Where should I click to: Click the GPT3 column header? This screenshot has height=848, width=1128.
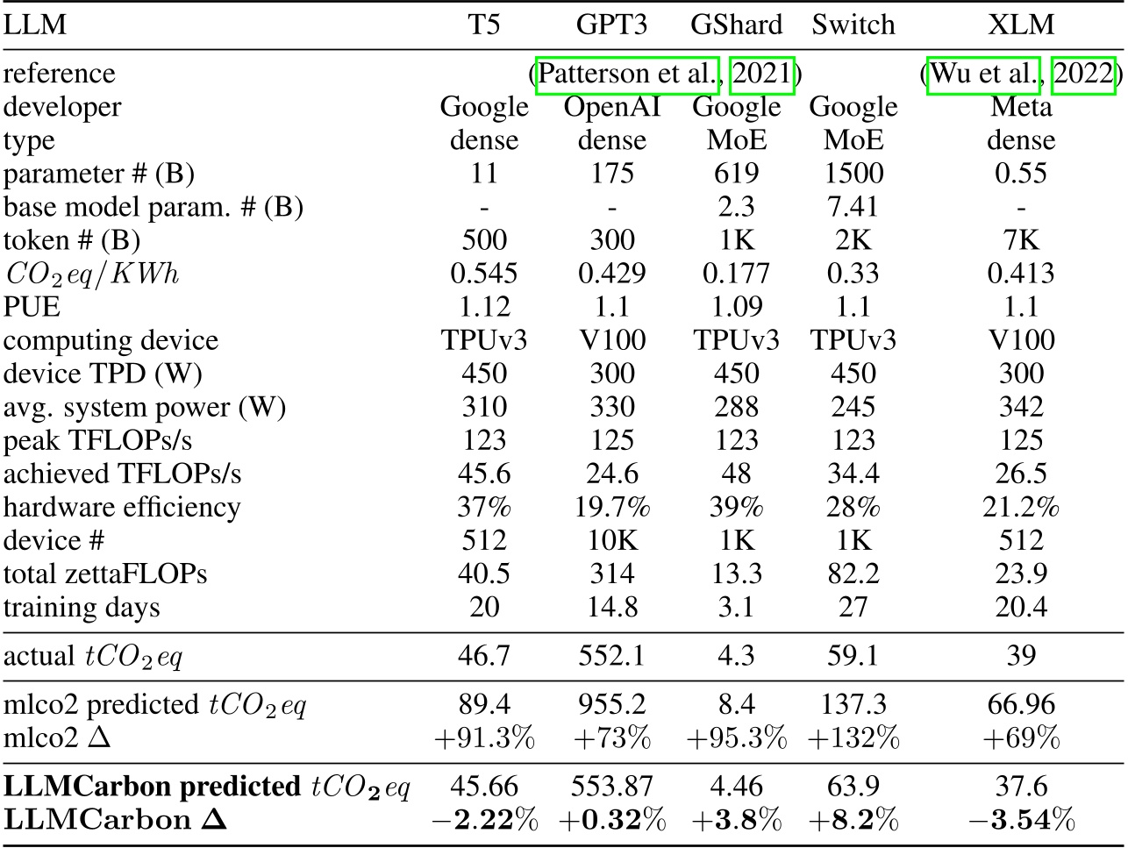point(611,25)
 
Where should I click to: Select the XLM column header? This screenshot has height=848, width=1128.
point(1021,25)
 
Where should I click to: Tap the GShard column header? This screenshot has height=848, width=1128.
point(736,25)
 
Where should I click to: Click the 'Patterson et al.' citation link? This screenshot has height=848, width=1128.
point(627,74)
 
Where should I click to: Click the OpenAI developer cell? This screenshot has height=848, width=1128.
point(611,107)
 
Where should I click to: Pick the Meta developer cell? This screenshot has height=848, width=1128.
point(1021,107)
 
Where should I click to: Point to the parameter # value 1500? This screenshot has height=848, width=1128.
point(853,174)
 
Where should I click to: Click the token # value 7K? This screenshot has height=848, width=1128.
point(1021,240)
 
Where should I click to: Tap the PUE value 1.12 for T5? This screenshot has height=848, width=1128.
point(483,307)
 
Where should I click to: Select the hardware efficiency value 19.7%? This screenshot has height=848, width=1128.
point(611,507)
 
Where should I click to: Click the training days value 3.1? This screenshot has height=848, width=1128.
point(736,607)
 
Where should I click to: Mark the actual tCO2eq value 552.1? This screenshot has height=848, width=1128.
point(611,656)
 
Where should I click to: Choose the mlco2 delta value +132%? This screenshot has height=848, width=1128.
point(853,738)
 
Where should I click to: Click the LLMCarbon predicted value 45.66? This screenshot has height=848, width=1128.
point(483,787)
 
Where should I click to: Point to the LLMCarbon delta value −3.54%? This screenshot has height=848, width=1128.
point(1021,820)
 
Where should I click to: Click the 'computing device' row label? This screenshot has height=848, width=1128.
point(111,340)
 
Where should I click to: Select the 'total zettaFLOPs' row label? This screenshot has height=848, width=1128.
point(105,574)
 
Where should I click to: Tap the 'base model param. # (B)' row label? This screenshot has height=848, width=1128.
point(153,207)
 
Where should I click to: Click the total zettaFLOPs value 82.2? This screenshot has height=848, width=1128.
point(853,574)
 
